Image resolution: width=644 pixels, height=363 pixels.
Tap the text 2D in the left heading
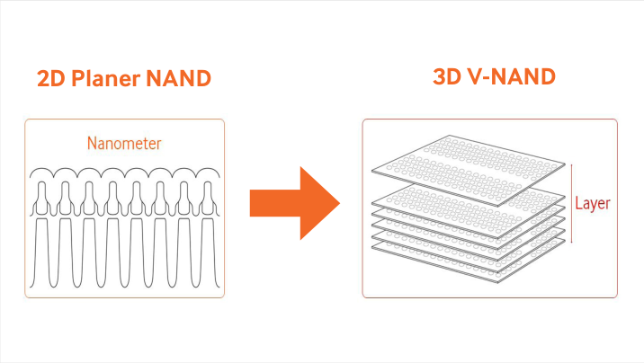coord(51,78)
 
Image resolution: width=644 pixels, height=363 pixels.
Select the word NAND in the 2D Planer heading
coord(179,78)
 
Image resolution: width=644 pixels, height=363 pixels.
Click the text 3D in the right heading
coord(447,76)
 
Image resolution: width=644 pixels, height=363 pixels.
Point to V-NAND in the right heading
coord(512,76)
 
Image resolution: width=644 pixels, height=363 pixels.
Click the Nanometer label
coord(124,144)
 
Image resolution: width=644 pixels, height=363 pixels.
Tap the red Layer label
coord(592,203)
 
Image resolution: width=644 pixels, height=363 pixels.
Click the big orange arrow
coord(295,203)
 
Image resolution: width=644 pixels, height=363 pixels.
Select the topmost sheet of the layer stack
coord(469,170)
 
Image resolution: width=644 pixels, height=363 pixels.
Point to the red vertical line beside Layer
coord(572,203)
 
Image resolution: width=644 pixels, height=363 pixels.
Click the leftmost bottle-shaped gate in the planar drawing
coord(41,199)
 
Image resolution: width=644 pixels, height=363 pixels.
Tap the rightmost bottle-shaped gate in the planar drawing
coord(208,199)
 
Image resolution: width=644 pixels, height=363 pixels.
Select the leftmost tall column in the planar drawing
coord(41,252)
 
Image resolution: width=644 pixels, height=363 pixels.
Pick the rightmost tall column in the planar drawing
coord(208,252)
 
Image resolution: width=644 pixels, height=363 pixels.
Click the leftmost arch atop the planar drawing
coord(41,169)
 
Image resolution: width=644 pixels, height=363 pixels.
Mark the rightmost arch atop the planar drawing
coord(208,169)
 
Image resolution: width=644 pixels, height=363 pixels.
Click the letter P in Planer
coord(78,78)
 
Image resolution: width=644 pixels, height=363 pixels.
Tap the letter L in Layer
coord(578,203)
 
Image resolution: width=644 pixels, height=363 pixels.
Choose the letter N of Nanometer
coord(92,144)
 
